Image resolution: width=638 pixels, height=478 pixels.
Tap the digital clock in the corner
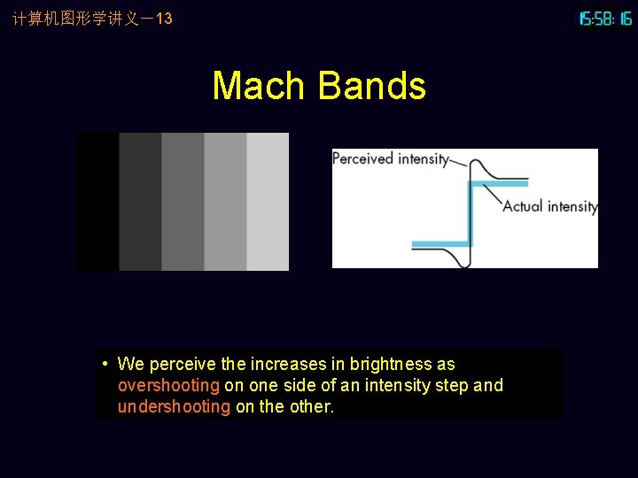[x=604, y=19]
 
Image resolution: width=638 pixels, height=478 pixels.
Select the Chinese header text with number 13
[x=92, y=19]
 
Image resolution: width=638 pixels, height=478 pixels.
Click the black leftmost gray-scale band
[x=97, y=202]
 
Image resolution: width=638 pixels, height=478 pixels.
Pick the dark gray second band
[x=140, y=202]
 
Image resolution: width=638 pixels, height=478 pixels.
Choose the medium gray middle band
[x=183, y=202]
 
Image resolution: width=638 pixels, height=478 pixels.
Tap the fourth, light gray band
[x=225, y=202]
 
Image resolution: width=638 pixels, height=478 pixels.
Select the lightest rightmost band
[x=268, y=202]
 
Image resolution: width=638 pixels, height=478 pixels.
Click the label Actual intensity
[x=549, y=206]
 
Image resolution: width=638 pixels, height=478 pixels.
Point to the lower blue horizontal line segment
[x=440, y=243]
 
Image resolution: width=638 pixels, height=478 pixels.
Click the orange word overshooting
[x=168, y=385]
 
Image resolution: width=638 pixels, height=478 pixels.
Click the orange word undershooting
[x=174, y=407]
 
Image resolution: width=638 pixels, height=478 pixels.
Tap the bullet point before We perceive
[x=105, y=364]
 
